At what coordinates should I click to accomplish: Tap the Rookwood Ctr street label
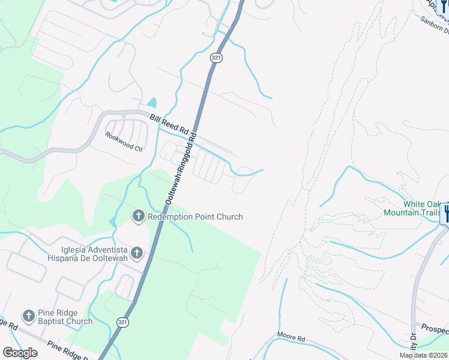[x=124, y=142]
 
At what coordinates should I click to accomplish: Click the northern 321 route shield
[x=217, y=57]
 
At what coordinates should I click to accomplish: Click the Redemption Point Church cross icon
[x=139, y=216]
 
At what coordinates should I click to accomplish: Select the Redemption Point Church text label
[x=195, y=217]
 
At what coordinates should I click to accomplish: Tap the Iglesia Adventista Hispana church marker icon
[x=137, y=253]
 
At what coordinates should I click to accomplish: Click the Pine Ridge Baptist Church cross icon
[x=28, y=316]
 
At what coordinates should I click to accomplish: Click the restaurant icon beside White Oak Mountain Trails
[x=447, y=213]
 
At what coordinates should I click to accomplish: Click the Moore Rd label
[x=291, y=338]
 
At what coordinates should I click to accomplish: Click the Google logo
[x=20, y=352]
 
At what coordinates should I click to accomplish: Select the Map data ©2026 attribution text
[x=423, y=355]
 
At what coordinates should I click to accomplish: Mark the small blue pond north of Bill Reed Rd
[x=152, y=103]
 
